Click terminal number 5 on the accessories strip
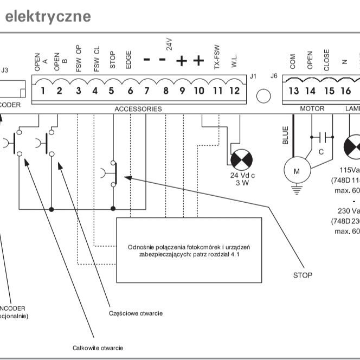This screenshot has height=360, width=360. pos(111,91)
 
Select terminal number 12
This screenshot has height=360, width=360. pos(234,91)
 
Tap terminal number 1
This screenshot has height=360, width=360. pos(42,91)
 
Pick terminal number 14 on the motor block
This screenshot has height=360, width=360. pos(310,91)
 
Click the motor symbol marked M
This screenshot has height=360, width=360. pos(296,171)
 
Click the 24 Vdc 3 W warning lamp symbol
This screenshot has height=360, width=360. pos(241,160)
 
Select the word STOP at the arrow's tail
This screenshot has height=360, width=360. pos(303,275)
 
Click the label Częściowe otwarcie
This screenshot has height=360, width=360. pos(136,313)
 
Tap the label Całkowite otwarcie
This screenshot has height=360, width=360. pos(98,348)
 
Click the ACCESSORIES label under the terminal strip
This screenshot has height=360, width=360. pos(138,109)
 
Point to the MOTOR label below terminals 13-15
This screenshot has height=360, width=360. pos(312,109)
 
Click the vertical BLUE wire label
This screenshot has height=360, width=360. pos(286,136)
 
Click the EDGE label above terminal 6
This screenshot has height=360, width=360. pos(128,60)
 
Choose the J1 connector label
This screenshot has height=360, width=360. pos(253,76)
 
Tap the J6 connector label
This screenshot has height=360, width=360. pos(274,76)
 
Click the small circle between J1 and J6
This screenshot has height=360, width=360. pos(263,96)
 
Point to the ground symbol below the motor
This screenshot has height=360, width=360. pos(296,189)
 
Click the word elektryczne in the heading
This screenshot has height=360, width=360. pos(48,16)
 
